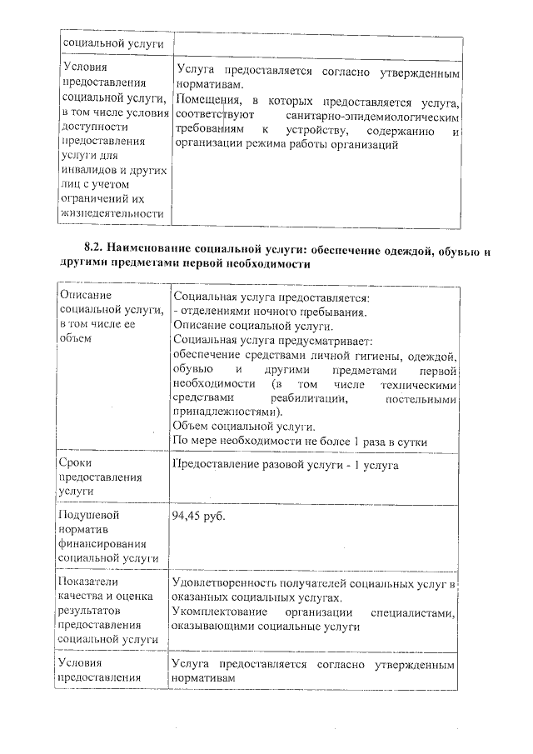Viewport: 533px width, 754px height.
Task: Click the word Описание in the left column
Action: point(86,295)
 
